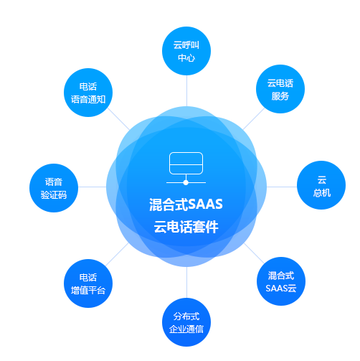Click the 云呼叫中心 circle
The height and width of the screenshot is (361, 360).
tap(186, 51)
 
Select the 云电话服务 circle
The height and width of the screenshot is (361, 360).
tap(280, 89)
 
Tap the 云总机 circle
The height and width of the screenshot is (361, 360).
tap(321, 185)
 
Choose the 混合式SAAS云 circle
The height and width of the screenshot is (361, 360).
tap(281, 281)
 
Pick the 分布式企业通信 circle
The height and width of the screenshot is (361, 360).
tap(186, 322)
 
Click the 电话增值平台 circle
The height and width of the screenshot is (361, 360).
tap(88, 283)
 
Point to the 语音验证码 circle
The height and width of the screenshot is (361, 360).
tap(54, 188)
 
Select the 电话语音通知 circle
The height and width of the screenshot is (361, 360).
tap(88, 93)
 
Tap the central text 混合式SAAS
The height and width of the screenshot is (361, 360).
tap(186, 205)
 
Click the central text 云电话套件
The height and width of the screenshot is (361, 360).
tap(186, 227)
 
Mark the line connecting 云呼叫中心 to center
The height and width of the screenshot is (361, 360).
tap(186, 91)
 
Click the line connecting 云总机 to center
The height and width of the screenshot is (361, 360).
tap(282, 187)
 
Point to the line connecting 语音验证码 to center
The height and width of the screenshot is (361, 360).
tap(92, 187)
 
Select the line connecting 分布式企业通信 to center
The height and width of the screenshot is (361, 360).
tap(186, 282)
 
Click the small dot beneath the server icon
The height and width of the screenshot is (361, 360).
tap(186, 182)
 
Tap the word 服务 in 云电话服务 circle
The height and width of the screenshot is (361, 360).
tap(280, 96)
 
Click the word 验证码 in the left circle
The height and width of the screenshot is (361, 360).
tap(54, 195)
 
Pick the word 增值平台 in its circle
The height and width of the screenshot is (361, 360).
tap(88, 291)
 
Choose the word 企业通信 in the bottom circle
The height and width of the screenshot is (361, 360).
tap(186, 329)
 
